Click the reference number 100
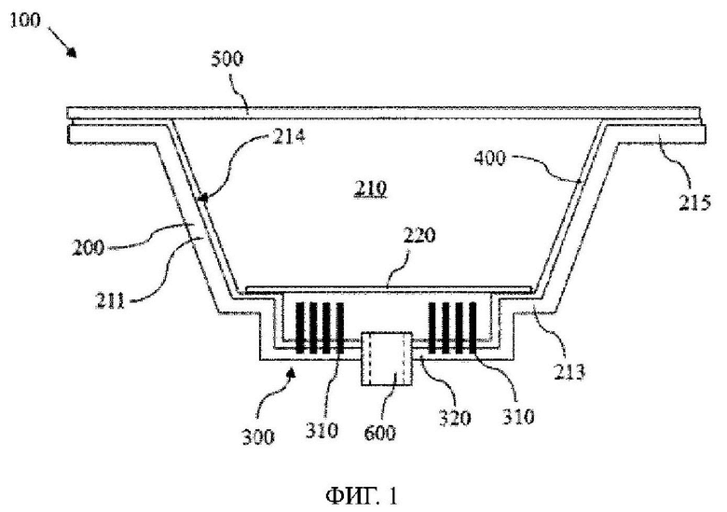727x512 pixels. [25, 21]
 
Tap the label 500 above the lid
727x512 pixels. [226, 60]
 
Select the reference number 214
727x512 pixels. [288, 137]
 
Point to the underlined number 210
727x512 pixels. [370, 188]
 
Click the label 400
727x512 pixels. [490, 159]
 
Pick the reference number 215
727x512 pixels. [694, 203]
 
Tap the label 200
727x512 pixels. [89, 248]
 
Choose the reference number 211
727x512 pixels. [110, 301]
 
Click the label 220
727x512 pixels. [419, 236]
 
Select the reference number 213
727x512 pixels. [569, 372]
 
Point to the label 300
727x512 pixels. [258, 436]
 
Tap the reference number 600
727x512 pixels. [380, 433]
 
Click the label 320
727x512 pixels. [455, 418]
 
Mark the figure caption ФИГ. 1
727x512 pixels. [363, 496]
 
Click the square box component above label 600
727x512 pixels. [387, 358]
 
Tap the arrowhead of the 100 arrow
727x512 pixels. [72, 52]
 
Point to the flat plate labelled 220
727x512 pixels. [389, 289]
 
